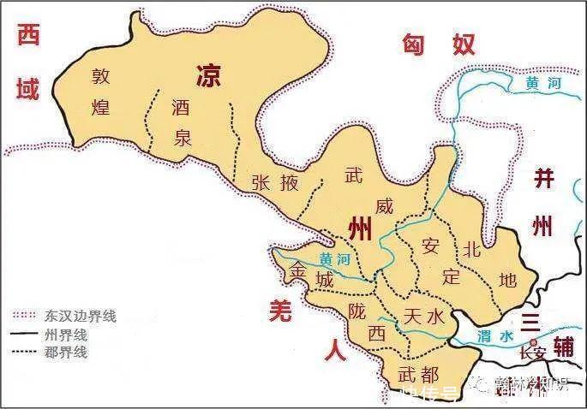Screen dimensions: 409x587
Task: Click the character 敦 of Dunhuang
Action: click(x=103, y=76)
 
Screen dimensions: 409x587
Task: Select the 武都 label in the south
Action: click(x=418, y=374)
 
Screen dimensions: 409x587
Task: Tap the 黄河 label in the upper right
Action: click(x=542, y=84)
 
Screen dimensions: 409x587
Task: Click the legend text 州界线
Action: click(x=64, y=334)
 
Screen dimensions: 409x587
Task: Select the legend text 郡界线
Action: click(x=64, y=351)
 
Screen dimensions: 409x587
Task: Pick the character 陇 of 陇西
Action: click(x=357, y=311)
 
